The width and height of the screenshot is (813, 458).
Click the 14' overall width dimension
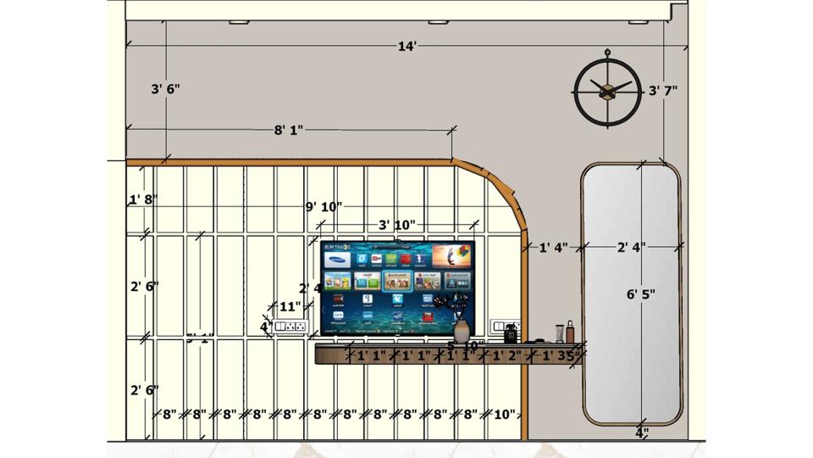point(406,46)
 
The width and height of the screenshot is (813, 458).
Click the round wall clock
point(606,89)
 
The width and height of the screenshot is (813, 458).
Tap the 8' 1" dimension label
point(288,130)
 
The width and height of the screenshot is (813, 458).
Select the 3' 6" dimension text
point(165,89)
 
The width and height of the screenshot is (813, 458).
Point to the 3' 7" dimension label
point(663,90)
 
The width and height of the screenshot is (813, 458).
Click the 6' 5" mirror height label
point(641,294)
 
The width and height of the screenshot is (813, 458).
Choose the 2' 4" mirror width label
point(631,248)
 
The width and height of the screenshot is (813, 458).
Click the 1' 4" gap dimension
point(554,248)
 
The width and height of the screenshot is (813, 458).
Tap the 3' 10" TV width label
point(396,225)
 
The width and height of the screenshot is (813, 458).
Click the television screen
point(397,287)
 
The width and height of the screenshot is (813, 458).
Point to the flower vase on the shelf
point(461,330)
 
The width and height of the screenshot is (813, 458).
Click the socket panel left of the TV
point(290,326)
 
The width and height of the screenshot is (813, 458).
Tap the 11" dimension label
point(290,306)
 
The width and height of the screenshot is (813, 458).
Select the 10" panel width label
point(504,415)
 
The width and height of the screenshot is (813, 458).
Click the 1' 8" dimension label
point(142,200)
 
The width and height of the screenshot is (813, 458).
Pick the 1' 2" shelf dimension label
point(509,356)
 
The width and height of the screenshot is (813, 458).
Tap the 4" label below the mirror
point(641,433)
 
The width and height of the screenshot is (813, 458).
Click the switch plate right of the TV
point(505,327)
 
